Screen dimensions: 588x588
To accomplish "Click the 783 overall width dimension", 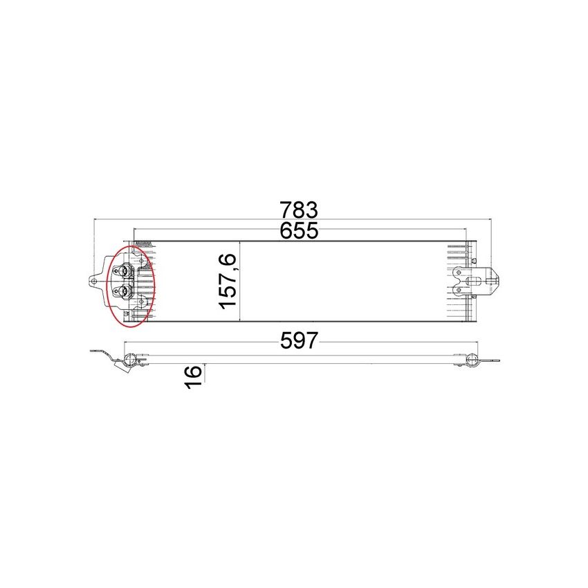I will pyautogui.click(x=298, y=209).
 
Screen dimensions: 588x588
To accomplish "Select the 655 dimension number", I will pyautogui.click(x=299, y=231).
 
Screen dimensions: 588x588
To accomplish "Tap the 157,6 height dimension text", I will pyautogui.click(x=229, y=282).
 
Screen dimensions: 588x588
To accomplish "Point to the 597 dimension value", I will pyautogui.click(x=299, y=340).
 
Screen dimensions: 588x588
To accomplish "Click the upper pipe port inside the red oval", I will pyautogui.click(x=126, y=271).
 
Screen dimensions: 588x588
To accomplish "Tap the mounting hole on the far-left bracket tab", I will pyautogui.click(x=94, y=281).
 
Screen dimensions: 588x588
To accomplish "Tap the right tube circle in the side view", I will pyautogui.click(x=472, y=359).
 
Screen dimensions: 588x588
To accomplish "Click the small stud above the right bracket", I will pyautogui.click(x=476, y=257).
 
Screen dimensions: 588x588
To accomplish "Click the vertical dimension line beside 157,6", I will pyautogui.click(x=239, y=282).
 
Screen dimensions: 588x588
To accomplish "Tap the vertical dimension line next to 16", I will pyautogui.click(x=205, y=374).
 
